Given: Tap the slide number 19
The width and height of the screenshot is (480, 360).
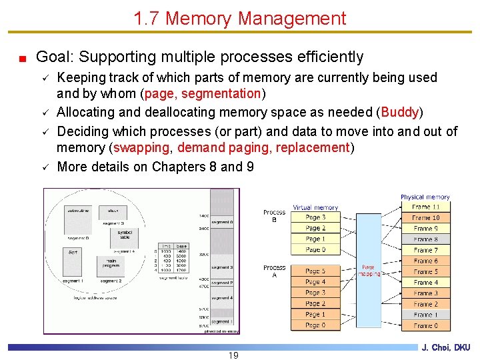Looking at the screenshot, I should click(233, 355).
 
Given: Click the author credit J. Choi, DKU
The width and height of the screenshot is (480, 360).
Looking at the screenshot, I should click(446, 347).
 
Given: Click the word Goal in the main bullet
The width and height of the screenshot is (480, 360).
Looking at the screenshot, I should click(51, 57).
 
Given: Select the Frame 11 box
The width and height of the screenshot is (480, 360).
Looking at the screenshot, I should click(425, 207).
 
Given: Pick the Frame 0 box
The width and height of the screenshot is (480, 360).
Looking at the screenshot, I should click(425, 325).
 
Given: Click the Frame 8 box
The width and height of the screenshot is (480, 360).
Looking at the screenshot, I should click(425, 239).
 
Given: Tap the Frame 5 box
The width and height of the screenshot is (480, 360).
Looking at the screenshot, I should click(425, 272).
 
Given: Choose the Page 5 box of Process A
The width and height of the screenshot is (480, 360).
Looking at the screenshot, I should click(315, 271).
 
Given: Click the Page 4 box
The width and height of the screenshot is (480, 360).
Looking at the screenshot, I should click(315, 282).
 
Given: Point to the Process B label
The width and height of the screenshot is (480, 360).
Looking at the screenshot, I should click(274, 216).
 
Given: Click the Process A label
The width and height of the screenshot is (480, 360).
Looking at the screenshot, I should click(274, 271).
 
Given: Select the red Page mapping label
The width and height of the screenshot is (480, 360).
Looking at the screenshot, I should click(369, 271).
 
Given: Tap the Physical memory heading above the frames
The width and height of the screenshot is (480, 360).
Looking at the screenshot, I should click(425, 197).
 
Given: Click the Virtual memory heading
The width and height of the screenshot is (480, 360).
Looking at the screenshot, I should click(315, 207).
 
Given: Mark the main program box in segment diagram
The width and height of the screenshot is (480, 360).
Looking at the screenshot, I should click(111, 263).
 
